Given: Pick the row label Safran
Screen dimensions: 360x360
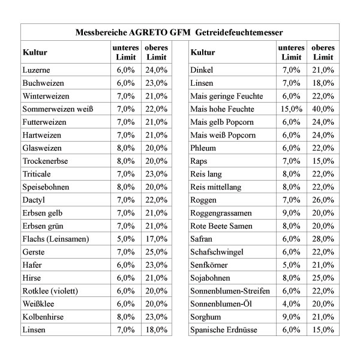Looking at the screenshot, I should coord(203,239).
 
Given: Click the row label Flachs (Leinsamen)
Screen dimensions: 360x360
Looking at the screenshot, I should coord(55,239).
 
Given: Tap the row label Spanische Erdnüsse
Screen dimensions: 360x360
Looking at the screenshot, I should coord(224,329).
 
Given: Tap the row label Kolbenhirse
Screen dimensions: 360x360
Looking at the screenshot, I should coord(43,317).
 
